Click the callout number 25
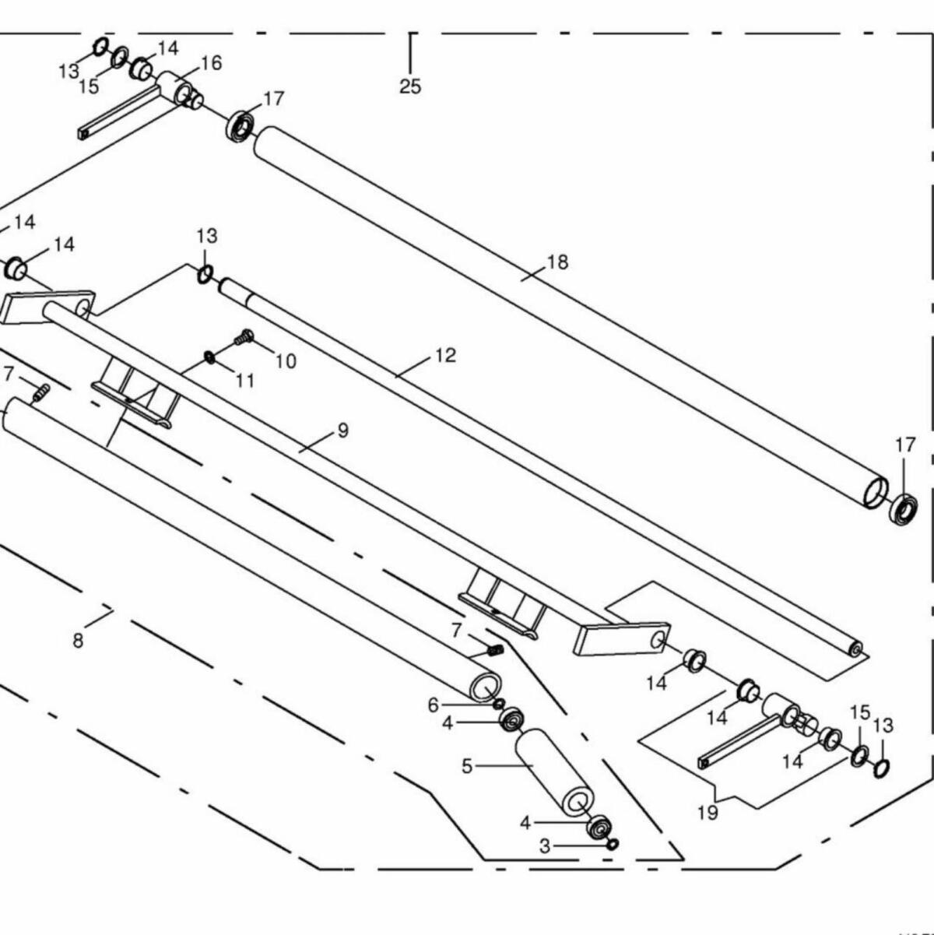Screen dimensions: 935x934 click(x=410, y=86)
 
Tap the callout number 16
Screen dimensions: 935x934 click(x=211, y=63)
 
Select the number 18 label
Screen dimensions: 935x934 click(x=557, y=262)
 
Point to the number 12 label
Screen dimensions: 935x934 click(x=444, y=356)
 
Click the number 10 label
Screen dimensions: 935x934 click(x=285, y=361)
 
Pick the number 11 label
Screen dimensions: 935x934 click(x=245, y=381)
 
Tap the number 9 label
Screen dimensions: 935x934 click(x=343, y=431)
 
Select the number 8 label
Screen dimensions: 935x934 click(x=78, y=641)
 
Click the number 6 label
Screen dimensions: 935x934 click(x=434, y=705)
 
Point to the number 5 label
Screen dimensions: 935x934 click(x=467, y=766)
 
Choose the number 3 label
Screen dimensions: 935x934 click(x=545, y=845)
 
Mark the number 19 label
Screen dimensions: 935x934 click(x=708, y=813)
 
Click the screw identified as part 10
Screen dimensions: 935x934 click(x=243, y=338)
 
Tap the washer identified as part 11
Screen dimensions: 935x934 click(x=210, y=357)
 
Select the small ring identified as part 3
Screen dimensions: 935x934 click(x=613, y=845)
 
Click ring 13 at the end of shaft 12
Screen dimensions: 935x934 click(x=205, y=273)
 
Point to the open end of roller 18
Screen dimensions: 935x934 click(x=876, y=492)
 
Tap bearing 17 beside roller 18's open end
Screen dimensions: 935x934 click(x=904, y=508)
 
